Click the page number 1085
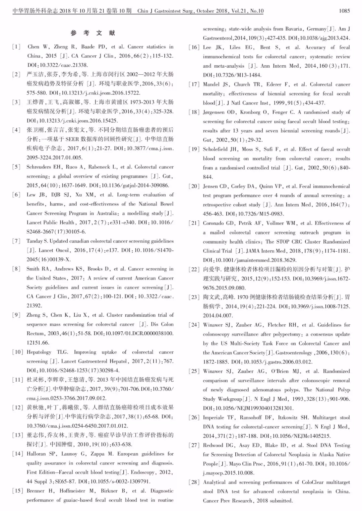pyautogui.click(x=344, y=11)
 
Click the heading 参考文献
pyautogui.click(x=93, y=33)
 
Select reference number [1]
pyautogui.click(x=16, y=47)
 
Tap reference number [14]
pyautogui.click(x=17, y=454)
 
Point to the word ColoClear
pyautogui.click(x=315, y=482)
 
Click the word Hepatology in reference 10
pyautogui.click(x=39, y=352)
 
